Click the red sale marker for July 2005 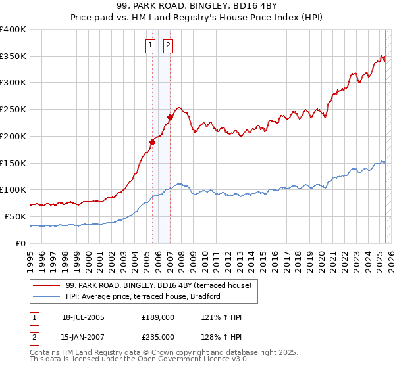click(152, 141)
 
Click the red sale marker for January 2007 click(170, 117)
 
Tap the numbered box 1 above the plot click(151, 45)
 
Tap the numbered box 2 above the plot click(168, 45)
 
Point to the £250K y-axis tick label click(13, 109)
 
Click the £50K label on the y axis click(15, 216)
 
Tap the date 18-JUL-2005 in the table click(83, 317)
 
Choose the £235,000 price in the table click(158, 337)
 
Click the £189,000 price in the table click(158, 317)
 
